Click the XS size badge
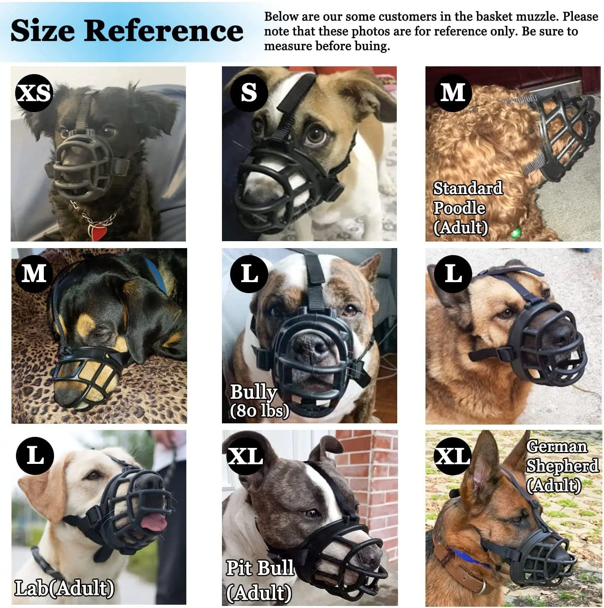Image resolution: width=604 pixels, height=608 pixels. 34,93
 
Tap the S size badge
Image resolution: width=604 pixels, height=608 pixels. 249,93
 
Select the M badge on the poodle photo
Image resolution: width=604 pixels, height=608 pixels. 452,93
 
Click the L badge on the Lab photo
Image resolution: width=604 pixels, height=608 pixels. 35,456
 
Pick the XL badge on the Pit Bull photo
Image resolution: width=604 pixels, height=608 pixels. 245,456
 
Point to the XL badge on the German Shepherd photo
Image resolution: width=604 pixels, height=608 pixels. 452,456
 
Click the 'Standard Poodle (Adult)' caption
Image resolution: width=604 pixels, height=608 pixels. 467,208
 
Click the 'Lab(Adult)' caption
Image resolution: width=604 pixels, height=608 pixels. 64,588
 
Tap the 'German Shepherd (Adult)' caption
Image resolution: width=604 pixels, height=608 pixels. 562,466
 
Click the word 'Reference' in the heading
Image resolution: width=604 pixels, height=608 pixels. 164,31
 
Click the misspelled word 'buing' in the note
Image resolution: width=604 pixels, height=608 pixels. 372,46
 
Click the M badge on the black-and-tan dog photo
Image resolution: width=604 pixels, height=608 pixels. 34,273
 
